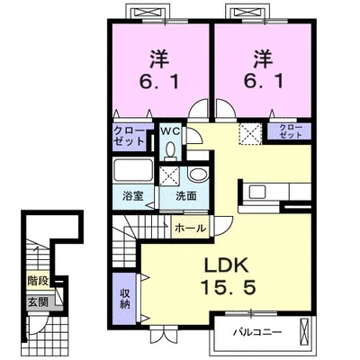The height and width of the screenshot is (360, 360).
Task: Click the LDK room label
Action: [227, 265]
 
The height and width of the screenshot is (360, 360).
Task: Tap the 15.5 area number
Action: [228, 287]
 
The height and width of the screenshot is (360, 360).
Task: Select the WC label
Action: [170, 131]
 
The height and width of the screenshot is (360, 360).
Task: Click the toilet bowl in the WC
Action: [170, 149]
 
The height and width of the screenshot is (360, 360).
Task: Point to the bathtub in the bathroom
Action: [133, 170]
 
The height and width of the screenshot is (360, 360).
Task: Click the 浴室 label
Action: [132, 196]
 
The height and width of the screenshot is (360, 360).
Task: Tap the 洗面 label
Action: [186, 196]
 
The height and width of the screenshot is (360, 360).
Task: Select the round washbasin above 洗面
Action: [198, 175]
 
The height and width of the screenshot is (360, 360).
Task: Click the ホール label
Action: [190, 229]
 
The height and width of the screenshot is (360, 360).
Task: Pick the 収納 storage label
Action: [125, 299]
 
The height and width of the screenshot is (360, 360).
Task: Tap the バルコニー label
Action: [258, 332]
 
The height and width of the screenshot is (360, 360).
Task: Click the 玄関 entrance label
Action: [38, 301]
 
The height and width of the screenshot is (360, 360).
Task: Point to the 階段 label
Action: [38, 281]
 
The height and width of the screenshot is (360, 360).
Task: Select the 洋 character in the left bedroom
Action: [160, 58]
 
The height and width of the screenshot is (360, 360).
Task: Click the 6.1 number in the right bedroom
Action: [264, 81]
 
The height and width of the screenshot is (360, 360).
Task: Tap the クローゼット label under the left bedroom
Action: [130, 136]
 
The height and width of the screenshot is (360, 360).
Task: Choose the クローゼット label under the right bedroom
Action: [291, 131]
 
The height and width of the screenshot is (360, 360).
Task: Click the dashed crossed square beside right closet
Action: [250, 133]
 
